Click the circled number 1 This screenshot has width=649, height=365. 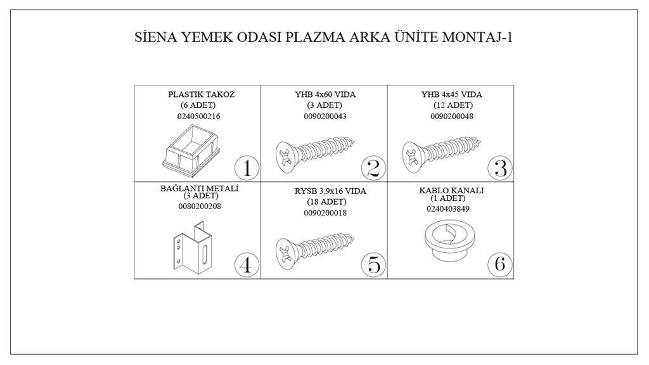[x=247, y=169]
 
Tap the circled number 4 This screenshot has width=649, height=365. [x=247, y=264]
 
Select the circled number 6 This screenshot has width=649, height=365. [x=500, y=264]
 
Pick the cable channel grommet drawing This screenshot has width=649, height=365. [x=448, y=241]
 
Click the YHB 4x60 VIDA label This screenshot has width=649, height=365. [x=325, y=94]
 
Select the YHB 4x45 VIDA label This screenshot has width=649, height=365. [x=452, y=94]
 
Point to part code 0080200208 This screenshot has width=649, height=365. [x=200, y=206]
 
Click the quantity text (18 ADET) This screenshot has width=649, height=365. [x=326, y=202]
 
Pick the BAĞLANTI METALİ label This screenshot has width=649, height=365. [x=200, y=188]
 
